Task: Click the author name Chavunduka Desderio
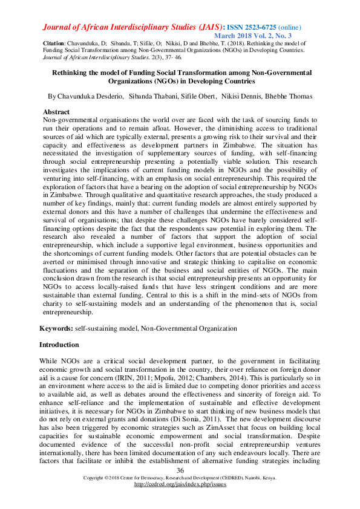coord(87,97)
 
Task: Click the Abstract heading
coord(56,112)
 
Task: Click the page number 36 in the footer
coord(180,471)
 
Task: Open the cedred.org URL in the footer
coord(179,484)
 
